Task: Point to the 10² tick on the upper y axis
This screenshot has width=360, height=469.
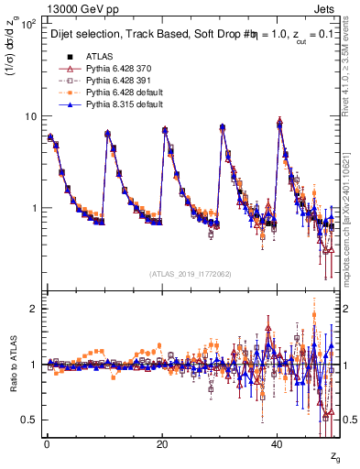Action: coord(30,24)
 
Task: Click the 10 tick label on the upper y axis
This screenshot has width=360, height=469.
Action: coord(30,116)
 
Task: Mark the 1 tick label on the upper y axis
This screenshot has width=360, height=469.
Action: coord(34,208)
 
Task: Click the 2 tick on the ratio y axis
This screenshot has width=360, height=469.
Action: coord(34,309)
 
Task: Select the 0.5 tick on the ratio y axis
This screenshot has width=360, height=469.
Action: coord(30,420)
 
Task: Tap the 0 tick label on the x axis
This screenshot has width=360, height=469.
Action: coord(46,444)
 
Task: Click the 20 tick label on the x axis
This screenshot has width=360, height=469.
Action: coord(161,444)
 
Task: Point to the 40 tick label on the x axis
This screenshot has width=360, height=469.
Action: coord(277,444)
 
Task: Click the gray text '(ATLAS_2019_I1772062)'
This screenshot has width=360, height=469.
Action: coord(191,274)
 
